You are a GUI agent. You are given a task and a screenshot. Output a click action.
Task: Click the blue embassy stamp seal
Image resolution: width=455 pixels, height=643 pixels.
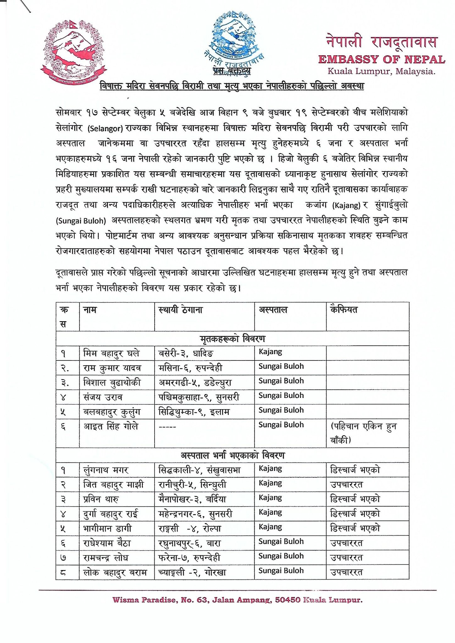(233, 38)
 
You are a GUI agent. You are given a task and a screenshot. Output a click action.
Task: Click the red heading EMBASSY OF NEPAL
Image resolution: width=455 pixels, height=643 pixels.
(381, 59)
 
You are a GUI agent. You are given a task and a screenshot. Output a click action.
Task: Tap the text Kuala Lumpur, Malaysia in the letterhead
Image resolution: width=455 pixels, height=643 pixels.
(381, 71)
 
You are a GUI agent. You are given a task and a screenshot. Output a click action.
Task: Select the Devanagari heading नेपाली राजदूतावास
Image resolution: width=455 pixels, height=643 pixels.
(381, 41)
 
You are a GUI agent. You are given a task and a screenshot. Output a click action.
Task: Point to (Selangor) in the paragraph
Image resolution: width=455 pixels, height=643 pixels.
(105, 129)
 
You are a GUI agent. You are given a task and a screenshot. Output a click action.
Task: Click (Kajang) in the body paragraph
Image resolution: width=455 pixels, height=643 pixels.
(346, 206)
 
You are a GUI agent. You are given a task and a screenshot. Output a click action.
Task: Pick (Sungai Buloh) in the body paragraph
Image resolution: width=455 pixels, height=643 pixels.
(81, 221)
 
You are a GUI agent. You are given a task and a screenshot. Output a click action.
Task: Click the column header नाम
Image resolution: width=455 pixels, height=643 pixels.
(90, 310)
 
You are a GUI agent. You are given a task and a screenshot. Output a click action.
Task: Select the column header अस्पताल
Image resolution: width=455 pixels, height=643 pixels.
(273, 310)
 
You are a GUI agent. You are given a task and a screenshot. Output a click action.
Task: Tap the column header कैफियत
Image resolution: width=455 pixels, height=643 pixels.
(344, 310)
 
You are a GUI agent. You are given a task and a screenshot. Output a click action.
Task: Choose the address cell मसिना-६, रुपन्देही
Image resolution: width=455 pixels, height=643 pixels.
(190, 368)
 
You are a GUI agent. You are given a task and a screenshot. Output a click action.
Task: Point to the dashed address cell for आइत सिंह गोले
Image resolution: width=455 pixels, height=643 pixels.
(167, 427)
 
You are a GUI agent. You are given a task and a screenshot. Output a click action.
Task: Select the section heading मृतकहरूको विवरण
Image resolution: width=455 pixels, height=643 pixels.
(233, 339)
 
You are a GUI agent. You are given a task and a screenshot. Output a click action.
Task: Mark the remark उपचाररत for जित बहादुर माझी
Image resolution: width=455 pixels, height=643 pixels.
(346, 485)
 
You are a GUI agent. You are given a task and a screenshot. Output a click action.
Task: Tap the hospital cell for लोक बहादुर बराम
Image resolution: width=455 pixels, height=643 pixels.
(281, 570)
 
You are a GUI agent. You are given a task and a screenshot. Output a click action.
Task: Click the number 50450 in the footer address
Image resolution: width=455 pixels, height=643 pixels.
(288, 600)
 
